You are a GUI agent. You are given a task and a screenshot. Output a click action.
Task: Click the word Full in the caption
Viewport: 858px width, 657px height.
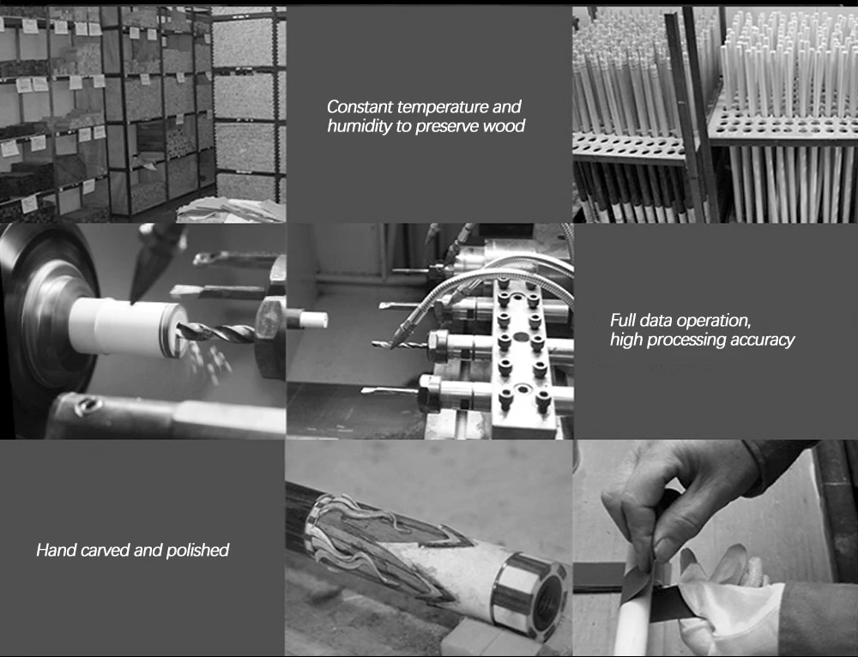click(x=623, y=320)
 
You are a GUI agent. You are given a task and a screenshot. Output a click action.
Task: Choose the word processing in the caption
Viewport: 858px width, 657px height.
click(x=688, y=341)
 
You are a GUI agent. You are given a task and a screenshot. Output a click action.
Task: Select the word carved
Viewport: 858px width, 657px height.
click(x=105, y=551)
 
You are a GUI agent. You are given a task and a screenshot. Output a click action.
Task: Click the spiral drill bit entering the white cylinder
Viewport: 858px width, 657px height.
click(x=216, y=332)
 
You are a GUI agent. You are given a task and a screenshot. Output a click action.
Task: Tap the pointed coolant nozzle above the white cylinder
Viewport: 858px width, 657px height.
click(x=156, y=262)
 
